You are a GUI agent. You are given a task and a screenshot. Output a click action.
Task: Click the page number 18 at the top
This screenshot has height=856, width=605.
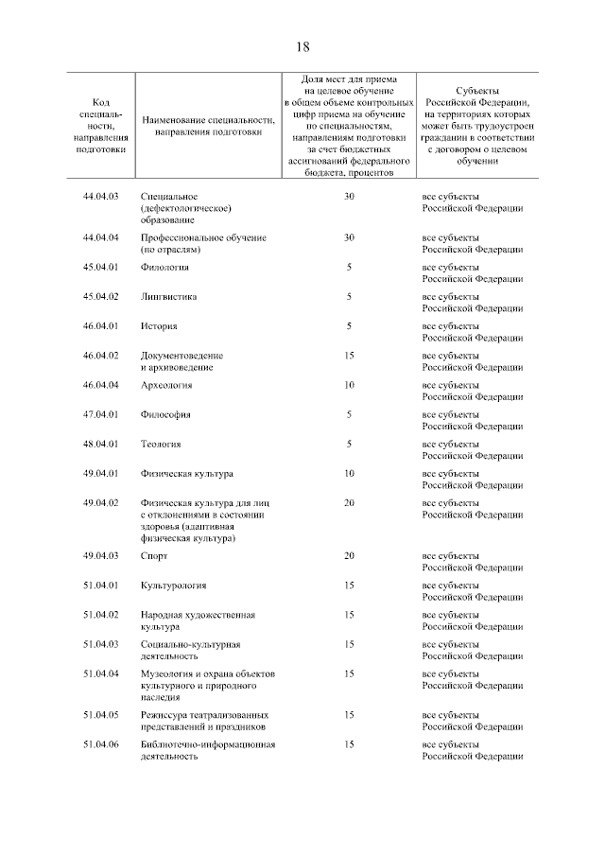tap(302, 46)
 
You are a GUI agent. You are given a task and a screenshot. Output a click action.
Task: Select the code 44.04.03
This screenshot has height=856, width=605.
tap(101, 196)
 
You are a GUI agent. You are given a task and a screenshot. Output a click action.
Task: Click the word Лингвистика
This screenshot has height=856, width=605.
tap(169, 296)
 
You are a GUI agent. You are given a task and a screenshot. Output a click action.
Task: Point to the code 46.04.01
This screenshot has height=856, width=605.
tap(101, 325)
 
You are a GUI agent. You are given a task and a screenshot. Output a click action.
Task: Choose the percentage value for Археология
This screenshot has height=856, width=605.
tap(349, 385)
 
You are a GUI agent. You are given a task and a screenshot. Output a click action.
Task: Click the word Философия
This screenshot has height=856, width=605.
tap(165, 414)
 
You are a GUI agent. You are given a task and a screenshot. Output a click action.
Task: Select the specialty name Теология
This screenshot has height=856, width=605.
tap(161, 444)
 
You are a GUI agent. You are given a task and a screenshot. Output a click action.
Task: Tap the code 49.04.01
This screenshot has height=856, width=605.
tap(101, 473)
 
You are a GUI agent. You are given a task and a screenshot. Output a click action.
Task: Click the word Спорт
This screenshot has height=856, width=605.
tap(154, 556)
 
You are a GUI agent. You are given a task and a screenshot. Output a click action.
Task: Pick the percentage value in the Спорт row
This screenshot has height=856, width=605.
tap(349, 556)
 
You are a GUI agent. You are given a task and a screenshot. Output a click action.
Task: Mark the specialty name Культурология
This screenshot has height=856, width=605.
tap(173, 585)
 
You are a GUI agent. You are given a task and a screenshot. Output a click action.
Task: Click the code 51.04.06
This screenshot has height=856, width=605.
tap(101, 744)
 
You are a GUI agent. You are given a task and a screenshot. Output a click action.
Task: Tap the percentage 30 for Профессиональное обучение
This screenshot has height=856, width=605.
tap(349, 237)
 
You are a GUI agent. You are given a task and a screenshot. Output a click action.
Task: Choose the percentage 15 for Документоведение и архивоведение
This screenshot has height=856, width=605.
tap(349, 355)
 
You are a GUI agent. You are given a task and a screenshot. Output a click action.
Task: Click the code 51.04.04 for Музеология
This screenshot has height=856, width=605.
tap(101, 673)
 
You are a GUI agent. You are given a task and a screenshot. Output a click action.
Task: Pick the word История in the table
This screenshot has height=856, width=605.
tap(159, 325)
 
